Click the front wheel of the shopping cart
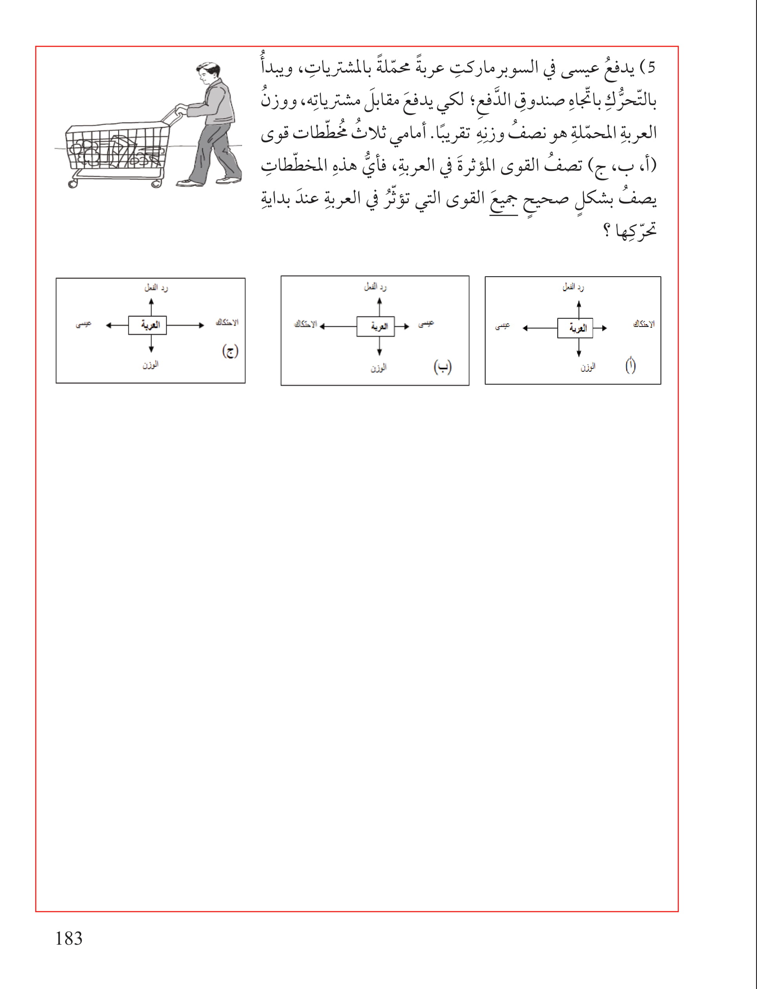tap(72, 183)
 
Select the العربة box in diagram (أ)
tap(575, 328)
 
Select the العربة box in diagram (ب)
tap(375, 327)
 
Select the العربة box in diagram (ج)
tap(147, 325)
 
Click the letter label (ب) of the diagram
tap(442, 367)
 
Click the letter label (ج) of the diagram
tap(230, 351)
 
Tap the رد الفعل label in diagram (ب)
tap(375, 287)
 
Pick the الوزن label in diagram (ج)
tap(151, 364)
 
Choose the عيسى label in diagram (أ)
tap(502, 326)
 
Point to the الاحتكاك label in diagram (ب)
tap(305, 324)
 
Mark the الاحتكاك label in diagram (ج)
tap(227, 322)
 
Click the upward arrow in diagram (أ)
tap(579, 309)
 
